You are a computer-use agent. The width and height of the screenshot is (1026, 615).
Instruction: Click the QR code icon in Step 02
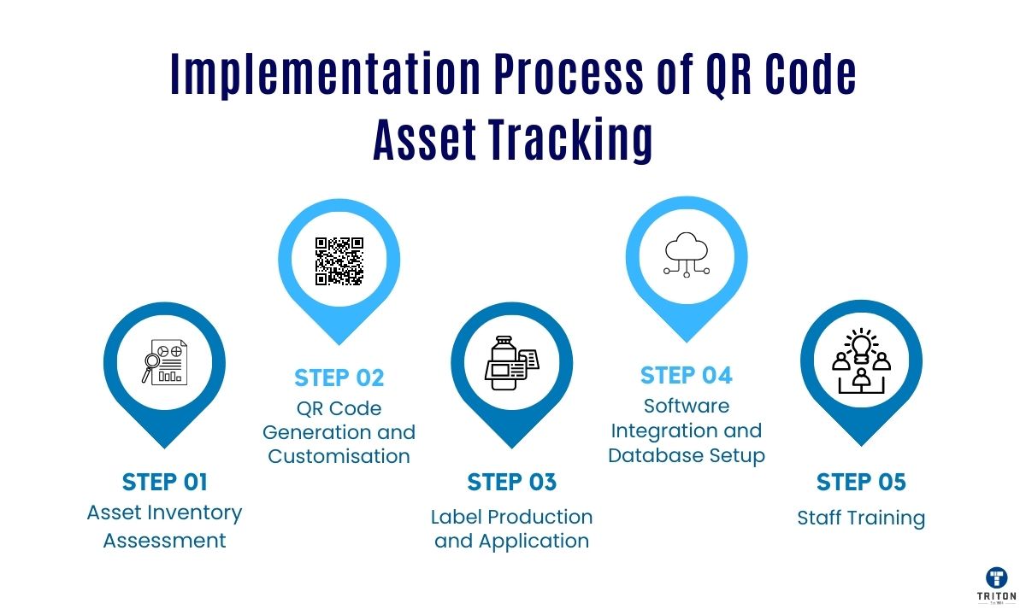[x=339, y=261]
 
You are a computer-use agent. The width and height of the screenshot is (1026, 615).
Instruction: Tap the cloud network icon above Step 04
[x=687, y=255]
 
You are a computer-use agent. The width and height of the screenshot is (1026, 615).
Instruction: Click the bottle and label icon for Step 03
[x=511, y=364]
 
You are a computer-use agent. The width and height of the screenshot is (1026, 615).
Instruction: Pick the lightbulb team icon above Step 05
[x=861, y=361]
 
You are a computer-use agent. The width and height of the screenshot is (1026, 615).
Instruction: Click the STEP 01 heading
[x=165, y=482]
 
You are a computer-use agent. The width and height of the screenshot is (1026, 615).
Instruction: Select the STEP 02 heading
[x=339, y=378]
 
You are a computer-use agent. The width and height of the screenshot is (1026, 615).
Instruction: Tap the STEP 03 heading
[x=511, y=482]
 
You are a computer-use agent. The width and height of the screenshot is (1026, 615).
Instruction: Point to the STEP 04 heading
[x=687, y=375]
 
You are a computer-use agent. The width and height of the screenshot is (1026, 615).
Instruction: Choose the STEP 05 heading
[x=861, y=482]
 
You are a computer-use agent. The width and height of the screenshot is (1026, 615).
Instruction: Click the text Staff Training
[x=861, y=518]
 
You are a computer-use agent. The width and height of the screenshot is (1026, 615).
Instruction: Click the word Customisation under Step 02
[x=339, y=456]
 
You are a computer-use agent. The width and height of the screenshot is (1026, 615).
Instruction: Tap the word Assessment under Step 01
[x=165, y=541]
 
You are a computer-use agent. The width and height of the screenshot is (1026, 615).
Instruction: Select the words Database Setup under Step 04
[x=687, y=455]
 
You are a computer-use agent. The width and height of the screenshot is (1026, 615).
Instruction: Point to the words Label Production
[x=511, y=517]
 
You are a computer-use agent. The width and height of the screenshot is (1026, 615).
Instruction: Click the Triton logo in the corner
[x=996, y=583]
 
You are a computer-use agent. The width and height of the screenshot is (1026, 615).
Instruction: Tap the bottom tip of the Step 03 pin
[x=511, y=446]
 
